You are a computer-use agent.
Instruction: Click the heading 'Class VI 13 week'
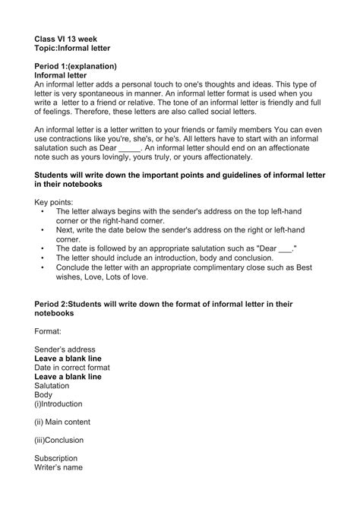(x=65, y=37)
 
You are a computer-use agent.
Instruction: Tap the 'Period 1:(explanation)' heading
(x=75, y=67)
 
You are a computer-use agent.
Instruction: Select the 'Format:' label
(x=51, y=332)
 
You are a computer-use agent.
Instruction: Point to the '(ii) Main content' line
(x=63, y=422)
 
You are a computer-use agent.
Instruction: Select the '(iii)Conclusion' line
(x=59, y=440)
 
